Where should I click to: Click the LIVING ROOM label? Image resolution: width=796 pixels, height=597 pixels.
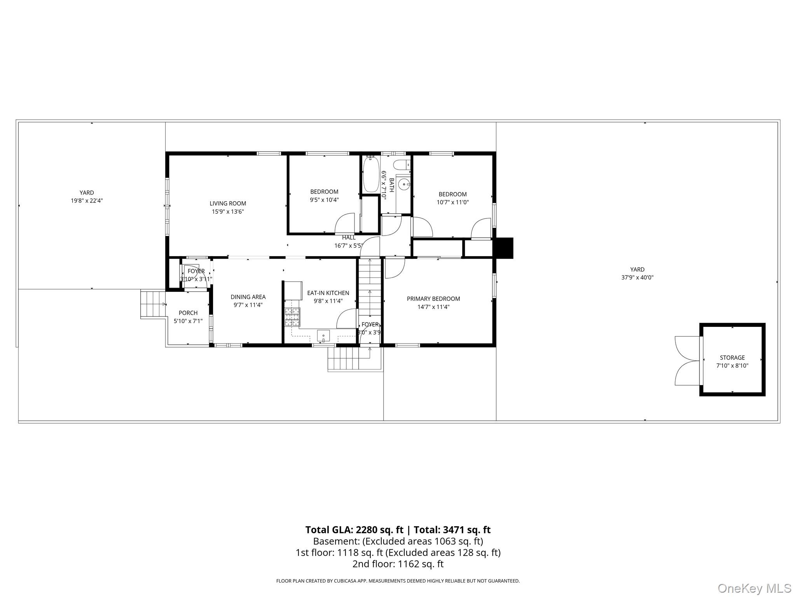click(228, 203)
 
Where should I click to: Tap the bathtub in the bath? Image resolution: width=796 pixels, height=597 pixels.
click(371, 174)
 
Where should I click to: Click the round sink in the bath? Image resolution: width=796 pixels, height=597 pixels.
click(405, 184)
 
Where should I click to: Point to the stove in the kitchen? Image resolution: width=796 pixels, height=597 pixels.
click(292, 316)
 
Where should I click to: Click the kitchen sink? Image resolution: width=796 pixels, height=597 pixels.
click(323, 335)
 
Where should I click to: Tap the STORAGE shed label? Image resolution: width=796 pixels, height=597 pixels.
click(732, 358)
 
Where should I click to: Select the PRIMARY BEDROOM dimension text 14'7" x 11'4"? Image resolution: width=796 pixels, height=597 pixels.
click(433, 307)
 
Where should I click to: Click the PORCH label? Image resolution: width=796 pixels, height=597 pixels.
click(188, 313)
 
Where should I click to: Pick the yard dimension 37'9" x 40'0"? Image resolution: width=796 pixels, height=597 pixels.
click(637, 278)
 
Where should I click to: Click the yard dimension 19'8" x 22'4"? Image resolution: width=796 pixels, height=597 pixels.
click(87, 201)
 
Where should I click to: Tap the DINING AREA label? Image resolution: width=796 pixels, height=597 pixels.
click(248, 297)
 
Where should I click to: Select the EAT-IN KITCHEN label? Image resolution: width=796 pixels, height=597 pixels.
click(328, 293)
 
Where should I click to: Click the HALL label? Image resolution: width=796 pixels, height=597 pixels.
click(349, 237)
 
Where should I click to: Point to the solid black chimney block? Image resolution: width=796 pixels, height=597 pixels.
click(503, 248)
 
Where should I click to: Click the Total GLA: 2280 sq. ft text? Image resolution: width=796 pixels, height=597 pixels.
click(354, 530)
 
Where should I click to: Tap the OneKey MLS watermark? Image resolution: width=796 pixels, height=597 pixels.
click(754, 588)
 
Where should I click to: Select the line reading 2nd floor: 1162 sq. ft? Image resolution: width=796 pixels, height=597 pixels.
click(398, 564)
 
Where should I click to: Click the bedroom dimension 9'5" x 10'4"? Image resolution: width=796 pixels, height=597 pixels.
click(324, 200)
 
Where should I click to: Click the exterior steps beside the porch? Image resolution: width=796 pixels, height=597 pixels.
click(153, 304)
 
